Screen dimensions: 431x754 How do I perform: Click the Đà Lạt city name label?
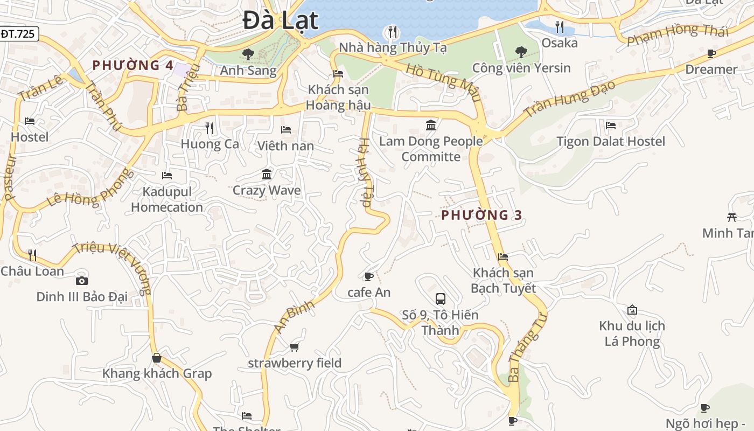[x=280, y=20]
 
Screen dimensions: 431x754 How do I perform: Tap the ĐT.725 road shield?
[x=18, y=34]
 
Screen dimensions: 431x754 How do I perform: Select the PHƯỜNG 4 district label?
[x=132, y=66]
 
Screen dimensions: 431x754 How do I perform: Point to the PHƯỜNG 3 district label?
[x=481, y=215]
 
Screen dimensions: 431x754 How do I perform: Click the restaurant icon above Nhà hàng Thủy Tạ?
[x=393, y=32]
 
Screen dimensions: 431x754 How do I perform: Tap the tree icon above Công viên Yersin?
[x=521, y=52]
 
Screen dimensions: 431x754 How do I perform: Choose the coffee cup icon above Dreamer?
[x=711, y=53]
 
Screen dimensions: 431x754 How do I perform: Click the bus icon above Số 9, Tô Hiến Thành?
[x=440, y=298]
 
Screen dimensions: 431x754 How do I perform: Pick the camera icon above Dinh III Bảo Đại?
[x=82, y=281]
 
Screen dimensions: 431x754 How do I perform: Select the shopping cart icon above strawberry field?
[x=294, y=347]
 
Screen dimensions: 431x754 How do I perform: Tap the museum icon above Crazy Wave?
[x=267, y=174]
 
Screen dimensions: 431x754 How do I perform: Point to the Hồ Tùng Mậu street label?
[x=443, y=82]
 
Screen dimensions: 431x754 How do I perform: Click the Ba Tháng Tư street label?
[x=527, y=347]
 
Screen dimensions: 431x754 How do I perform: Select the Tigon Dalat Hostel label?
[x=610, y=142]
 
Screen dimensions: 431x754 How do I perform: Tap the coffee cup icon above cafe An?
[x=368, y=277]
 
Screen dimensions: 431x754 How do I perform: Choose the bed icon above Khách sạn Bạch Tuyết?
[x=503, y=257]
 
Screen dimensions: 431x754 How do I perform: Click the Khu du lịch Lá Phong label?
[x=632, y=333]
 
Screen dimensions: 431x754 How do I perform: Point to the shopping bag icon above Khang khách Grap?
[x=157, y=358]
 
